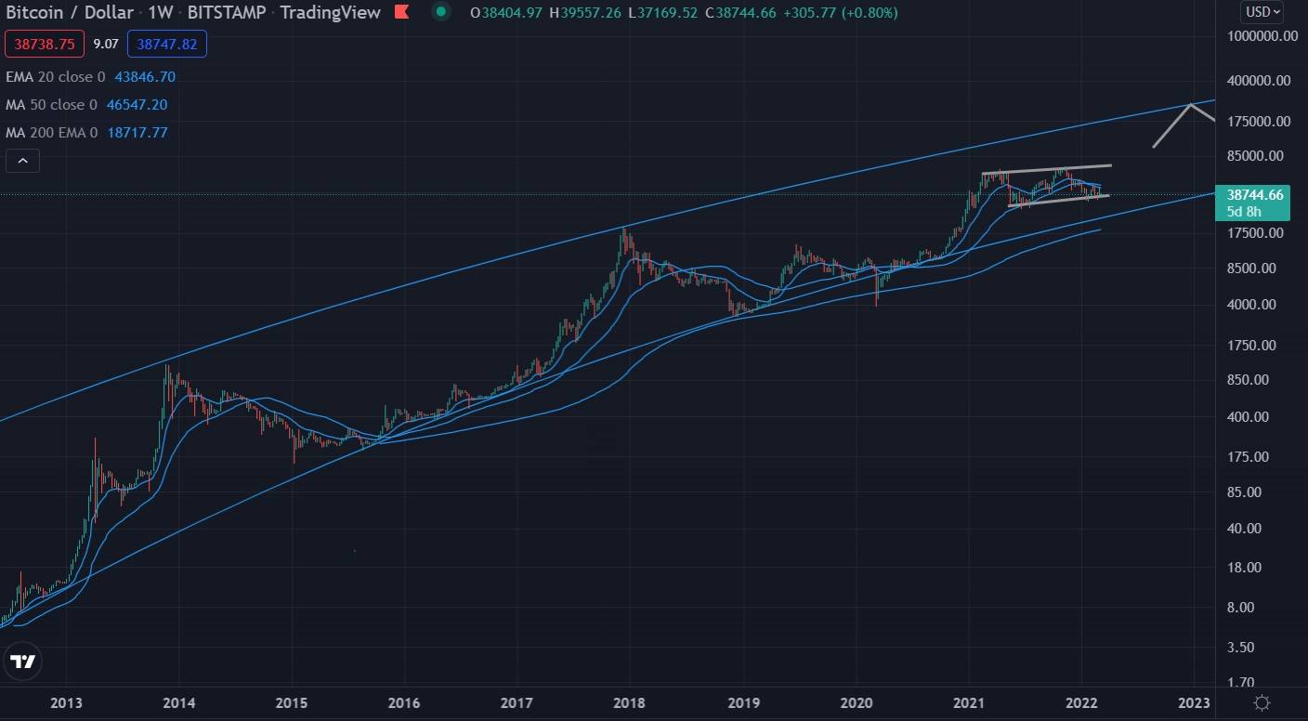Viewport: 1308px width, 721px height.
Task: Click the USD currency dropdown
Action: click(1262, 12)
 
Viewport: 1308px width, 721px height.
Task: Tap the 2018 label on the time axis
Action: click(630, 702)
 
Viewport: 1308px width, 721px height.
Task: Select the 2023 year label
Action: click(1194, 702)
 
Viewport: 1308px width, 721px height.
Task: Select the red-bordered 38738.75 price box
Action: click(45, 44)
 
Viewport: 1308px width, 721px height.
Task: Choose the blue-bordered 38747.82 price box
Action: click(167, 44)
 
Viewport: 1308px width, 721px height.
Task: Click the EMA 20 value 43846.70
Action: click(145, 77)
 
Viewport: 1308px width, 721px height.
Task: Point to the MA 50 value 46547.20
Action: click(137, 105)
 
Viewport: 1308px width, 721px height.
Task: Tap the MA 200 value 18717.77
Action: click(137, 133)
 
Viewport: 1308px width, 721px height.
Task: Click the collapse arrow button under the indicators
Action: click(23, 161)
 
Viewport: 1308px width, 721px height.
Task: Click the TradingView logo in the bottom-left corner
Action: click(23, 662)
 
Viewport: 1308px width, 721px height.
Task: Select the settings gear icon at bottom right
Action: click(1262, 702)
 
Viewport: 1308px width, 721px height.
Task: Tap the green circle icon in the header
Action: click(442, 13)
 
